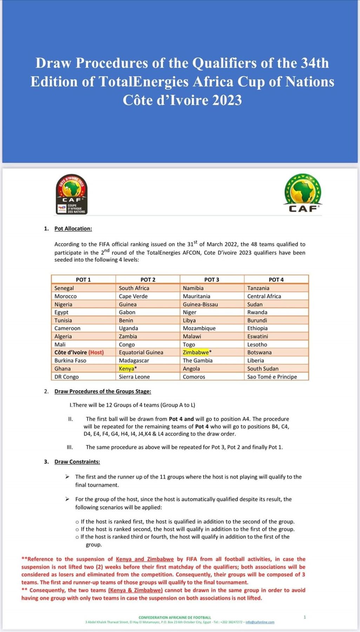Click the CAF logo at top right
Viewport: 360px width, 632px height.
point(303,193)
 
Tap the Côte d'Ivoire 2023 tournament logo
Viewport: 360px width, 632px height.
point(72,195)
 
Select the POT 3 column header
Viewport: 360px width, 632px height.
point(212,279)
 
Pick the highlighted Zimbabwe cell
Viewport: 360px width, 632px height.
point(196,352)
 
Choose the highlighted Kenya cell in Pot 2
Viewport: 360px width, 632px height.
point(127,369)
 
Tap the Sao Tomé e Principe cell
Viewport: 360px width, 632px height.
point(272,377)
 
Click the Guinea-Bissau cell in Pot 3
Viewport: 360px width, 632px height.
point(200,304)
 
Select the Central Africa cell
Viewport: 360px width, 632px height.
point(264,296)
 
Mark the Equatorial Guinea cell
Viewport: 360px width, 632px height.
point(141,352)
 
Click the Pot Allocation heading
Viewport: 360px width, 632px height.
point(73,229)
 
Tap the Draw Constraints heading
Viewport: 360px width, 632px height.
point(77,462)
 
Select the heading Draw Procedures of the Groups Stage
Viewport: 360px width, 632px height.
point(103,391)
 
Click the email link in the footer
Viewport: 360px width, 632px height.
point(260,622)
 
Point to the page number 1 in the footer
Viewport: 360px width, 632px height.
point(305,617)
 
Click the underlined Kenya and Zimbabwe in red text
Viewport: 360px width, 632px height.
point(145,559)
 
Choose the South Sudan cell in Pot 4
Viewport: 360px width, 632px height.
point(263,369)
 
